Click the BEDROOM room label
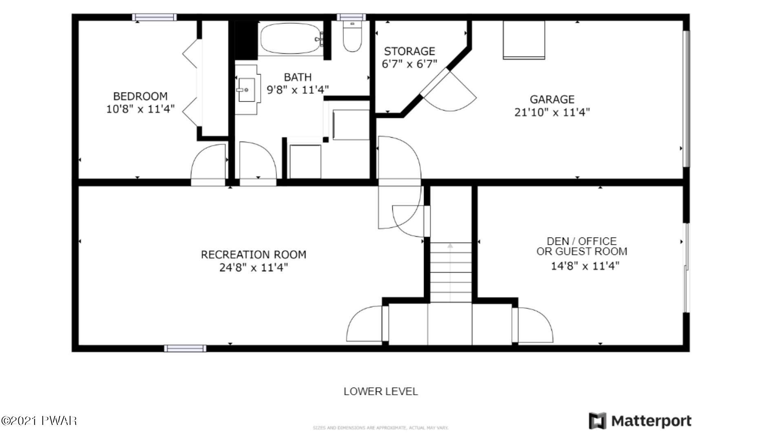[x=140, y=96]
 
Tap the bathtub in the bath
[x=291, y=39]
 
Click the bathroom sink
[x=247, y=90]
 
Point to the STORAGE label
[x=409, y=51]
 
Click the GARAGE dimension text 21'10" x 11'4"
[x=552, y=112]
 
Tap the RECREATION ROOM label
[x=253, y=255]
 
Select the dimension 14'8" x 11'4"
[x=585, y=266]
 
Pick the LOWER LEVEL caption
[x=380, y=392]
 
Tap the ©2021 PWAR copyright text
[x=39, y=420]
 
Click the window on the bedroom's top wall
[x=155, y=17]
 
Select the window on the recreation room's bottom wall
[x=185, y=348]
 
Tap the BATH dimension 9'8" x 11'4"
[x=298, y=90]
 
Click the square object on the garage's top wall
[x=524, y=40]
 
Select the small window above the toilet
[x=351, y=17]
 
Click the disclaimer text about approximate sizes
[x=380, y=428]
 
